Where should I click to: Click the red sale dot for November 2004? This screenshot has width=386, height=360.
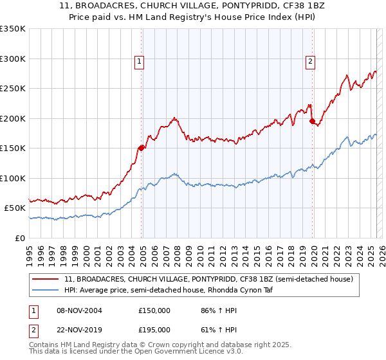pyautogui.click(x=141, y=148)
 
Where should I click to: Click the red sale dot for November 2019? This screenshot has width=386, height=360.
pyautogui.click(x=312, y=121)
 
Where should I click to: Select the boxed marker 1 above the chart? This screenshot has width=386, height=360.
pyautogui.click(x=140, y=62)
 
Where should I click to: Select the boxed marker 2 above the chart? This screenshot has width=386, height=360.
pyautogui.click(x=310, y=62)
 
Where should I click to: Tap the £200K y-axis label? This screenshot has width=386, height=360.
pyautogui.click(x=13, y=118)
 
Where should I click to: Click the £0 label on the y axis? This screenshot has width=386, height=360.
pyautogui.click(x=20, y=238)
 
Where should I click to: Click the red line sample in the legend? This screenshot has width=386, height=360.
pyautogui.click(x=46, y=280)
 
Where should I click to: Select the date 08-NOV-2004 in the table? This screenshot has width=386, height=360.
pyautogui.click(x=78, y=310)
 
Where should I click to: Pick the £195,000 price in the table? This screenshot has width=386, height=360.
pyautogui.click(x=154, y=330)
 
